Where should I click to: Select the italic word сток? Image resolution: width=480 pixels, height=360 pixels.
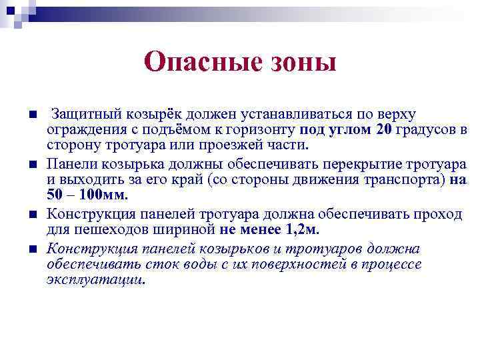tap(141, 265)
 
